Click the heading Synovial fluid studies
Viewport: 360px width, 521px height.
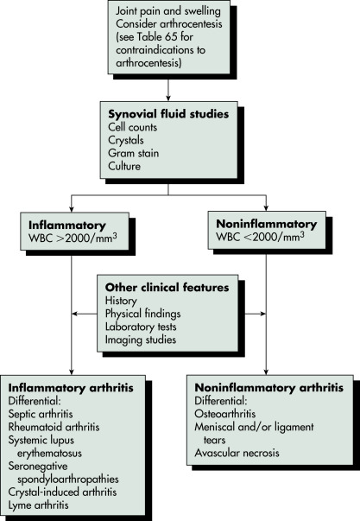[168, 114]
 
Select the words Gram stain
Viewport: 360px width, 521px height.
[133, 153]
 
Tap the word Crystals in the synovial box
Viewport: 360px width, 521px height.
[126, 140]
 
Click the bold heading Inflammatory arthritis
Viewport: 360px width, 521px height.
[71, 388]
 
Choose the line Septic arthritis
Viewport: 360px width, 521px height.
[41, 414]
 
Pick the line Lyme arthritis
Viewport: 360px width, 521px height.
[39, 505]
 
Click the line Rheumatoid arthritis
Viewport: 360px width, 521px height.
[54, 427]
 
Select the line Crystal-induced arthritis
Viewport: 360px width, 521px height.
[62, 492]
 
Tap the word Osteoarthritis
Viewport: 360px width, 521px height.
[224, 414]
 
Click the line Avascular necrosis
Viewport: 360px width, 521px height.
[237, 453]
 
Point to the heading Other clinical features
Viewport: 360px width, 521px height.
[167, 288]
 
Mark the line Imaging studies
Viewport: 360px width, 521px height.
[141, 340]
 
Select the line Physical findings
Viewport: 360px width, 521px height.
[142, 314]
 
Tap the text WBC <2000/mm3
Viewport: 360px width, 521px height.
[261, 237]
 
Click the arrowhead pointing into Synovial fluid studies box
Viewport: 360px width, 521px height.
[168, 98]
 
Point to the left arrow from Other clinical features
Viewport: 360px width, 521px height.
[85, 314]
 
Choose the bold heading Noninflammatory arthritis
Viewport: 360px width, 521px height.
[269, 388]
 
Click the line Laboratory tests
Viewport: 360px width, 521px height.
[141, 327]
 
